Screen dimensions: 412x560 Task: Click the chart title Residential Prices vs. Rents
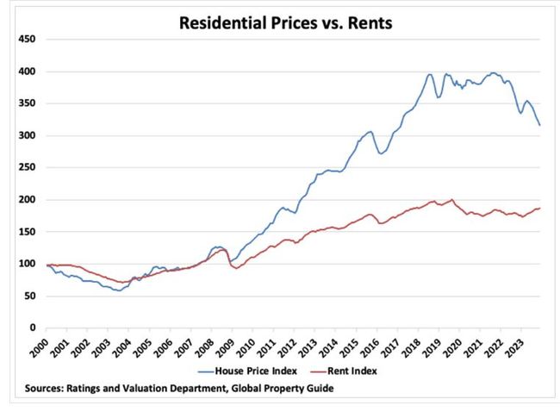(284, 23)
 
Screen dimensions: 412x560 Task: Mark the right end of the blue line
(540, 126)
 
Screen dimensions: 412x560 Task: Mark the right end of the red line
(540, 208)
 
